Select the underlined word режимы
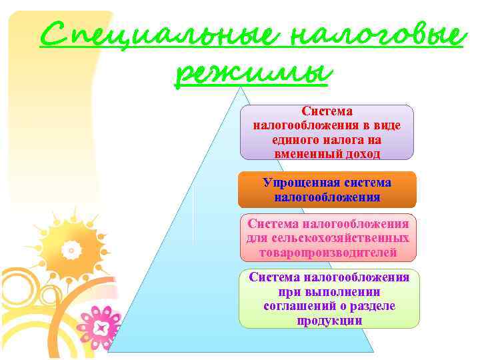click(x=252, y=73)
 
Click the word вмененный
click(x=304, y=154)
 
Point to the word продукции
click(x=329, y=320)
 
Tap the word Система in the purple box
click(x=327, y=111)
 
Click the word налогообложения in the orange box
click(x=327, y=197)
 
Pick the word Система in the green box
click(x=275, y=277)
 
